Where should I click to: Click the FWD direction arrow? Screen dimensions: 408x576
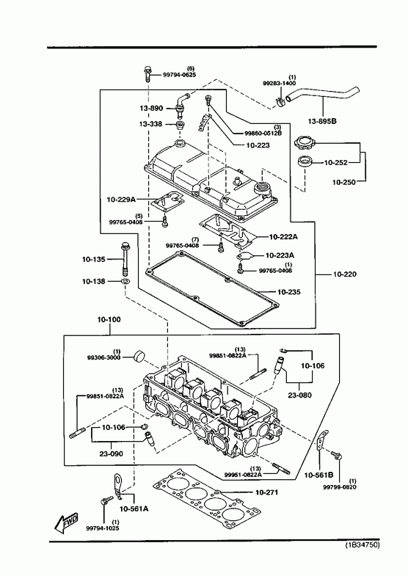click(67, 522)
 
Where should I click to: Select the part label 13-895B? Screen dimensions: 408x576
click(322, 121)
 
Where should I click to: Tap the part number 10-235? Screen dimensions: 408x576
click(288, 292)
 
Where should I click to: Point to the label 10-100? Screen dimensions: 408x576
click(109, 320)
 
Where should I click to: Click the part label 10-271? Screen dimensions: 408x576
click(266, 492)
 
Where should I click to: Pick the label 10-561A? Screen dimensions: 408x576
click(134, 508)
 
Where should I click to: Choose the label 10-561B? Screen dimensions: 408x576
click(318, 475)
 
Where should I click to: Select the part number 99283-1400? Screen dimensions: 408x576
click(279, 84)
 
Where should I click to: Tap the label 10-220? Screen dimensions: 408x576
click(344, 274)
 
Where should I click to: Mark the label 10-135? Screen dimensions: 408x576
click(94, 259)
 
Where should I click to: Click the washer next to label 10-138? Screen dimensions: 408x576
click(125, 281)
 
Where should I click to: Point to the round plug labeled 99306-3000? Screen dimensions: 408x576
click(139, 356)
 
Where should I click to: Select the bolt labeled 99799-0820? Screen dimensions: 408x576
click(336, 455)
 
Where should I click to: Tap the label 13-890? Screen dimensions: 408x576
click(151, 109)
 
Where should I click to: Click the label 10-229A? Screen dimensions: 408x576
click(121, 200)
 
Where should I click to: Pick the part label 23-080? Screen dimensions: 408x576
click(299, 395)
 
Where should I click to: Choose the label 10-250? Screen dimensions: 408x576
click(344, 182)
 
